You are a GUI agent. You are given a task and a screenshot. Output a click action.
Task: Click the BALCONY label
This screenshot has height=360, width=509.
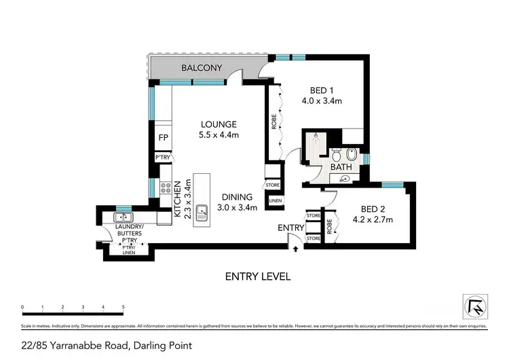tap(202, 68)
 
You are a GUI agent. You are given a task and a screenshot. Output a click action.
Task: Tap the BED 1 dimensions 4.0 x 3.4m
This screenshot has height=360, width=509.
tap(321, 101)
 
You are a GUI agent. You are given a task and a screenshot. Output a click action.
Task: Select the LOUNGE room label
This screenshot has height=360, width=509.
tap(218, 124)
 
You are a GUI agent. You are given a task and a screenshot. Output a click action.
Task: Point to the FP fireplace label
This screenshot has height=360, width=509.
tap(163, 139)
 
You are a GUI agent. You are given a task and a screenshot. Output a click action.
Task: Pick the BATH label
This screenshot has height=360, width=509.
tap(341, 167)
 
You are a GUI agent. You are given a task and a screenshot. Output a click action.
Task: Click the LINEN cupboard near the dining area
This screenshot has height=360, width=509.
tap(276, 201)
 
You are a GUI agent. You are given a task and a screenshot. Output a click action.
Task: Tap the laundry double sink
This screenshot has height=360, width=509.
tap(124, 217)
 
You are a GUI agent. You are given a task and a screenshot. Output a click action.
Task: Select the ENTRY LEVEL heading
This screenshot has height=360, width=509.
tap(257, 276)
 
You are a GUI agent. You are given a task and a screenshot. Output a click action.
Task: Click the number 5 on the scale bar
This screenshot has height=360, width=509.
tap(123, 308)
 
